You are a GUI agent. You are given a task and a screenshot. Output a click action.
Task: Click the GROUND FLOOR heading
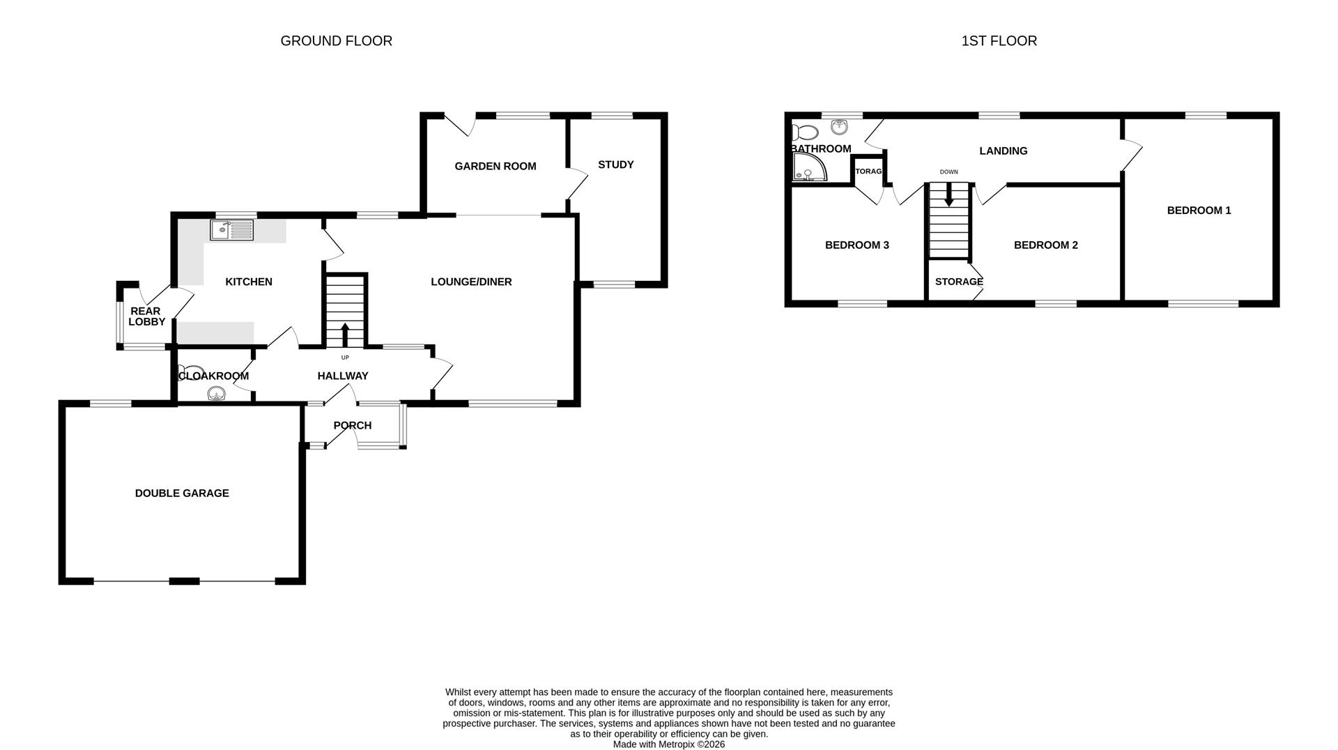pos(336,41)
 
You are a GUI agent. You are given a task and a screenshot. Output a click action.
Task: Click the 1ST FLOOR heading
pos(999,41)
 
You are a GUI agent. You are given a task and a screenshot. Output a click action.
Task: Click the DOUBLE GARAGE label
pos(182,493)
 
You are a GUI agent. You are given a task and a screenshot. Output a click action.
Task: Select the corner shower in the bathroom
pos(808,167)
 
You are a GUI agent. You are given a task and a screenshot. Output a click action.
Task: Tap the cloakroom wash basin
pos(216,395)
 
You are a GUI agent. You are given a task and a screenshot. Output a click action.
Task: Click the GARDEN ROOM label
pos(495,167)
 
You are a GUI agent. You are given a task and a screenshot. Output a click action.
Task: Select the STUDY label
pos(615,165)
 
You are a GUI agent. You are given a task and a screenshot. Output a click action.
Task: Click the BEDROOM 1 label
pos(1199,211)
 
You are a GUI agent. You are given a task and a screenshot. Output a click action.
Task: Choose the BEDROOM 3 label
pos(856,245)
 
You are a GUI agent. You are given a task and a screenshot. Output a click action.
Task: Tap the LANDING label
pos(1003,151)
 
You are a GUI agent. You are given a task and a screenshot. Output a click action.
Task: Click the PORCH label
pos(352,426)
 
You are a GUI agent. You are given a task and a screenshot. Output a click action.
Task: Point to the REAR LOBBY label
pos(146,316)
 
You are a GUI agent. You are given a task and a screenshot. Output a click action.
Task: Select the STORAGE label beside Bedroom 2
pos(959,282)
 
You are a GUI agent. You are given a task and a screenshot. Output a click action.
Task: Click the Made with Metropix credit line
pos(668,744)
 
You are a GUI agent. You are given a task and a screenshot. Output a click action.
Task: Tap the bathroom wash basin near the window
pos(839,127)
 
